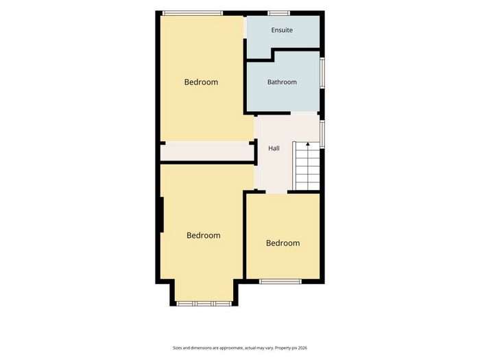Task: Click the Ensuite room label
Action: point(282,30)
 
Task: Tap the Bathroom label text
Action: point(282,82)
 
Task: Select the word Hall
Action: point(274,149)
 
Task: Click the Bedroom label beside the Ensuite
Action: point(201,82)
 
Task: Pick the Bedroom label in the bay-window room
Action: point(203,235)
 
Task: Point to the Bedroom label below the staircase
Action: point(283,243)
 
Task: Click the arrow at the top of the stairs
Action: point(308,145)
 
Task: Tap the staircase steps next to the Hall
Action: point(306,166)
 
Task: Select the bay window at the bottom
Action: point(204,304)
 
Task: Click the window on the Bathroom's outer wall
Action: point(322,73)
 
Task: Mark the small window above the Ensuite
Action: point(278,13)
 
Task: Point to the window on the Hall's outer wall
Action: point(322,134)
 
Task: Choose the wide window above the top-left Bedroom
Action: point(192,13)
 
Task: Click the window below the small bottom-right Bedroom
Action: point(280,281)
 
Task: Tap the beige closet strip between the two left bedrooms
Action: point(207,151)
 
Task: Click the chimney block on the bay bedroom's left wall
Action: point(161,214)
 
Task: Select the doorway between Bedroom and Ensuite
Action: point(245,27)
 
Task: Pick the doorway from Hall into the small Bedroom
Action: point(276,192)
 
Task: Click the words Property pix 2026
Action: point(291,348)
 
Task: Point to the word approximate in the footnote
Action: point(232,348)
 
